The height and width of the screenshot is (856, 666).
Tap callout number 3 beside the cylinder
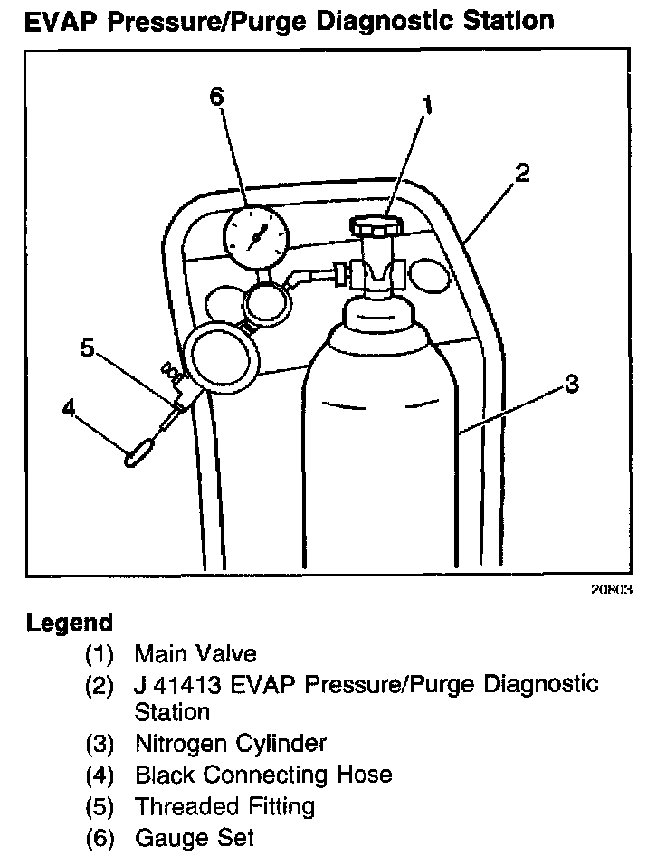pyautogui.click(x=570, y=384)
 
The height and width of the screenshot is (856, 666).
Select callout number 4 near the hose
pyautogui.click(x=70, y=408)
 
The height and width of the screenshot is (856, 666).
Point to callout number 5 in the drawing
pyautogui.click(x=88, y=348)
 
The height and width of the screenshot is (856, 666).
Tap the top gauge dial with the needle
pyautogui.click(x=256, y=234)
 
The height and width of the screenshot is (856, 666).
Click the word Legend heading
pyautogui.click(x=70, y=623)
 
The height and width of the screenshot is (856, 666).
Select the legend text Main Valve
pyautogui.click(x=195, y=653)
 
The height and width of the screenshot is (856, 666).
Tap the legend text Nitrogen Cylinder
pyautogui.click(x=231, y=744)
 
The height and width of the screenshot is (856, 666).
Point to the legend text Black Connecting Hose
pyautogui.click(x=263, y=775)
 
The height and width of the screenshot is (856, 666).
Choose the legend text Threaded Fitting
pyautogui.click(x=224, y=805)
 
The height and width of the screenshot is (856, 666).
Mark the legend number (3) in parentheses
pyautogui.click(x=100, y=745)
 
